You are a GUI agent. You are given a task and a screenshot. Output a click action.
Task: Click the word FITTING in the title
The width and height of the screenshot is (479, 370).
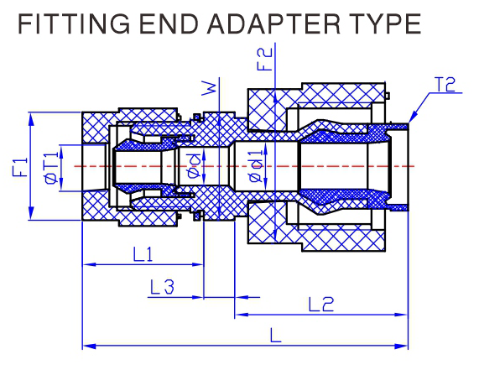coord(74,23)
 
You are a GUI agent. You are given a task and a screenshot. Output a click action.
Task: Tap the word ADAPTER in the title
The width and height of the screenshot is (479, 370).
coord(273,23)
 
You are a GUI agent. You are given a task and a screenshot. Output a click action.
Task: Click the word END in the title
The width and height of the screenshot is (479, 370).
coord(169,23)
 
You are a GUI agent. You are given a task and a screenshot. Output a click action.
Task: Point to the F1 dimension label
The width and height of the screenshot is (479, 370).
coord(19,167)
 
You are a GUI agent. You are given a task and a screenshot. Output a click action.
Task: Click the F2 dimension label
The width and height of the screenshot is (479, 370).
coord(264,60)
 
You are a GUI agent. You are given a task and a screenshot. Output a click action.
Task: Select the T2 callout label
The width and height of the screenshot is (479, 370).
coord(445,85)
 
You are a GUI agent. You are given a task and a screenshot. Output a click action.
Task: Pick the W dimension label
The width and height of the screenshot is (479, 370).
coord(209,88)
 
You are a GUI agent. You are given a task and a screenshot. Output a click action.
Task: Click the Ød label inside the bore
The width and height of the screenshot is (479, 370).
coord(194,165)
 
